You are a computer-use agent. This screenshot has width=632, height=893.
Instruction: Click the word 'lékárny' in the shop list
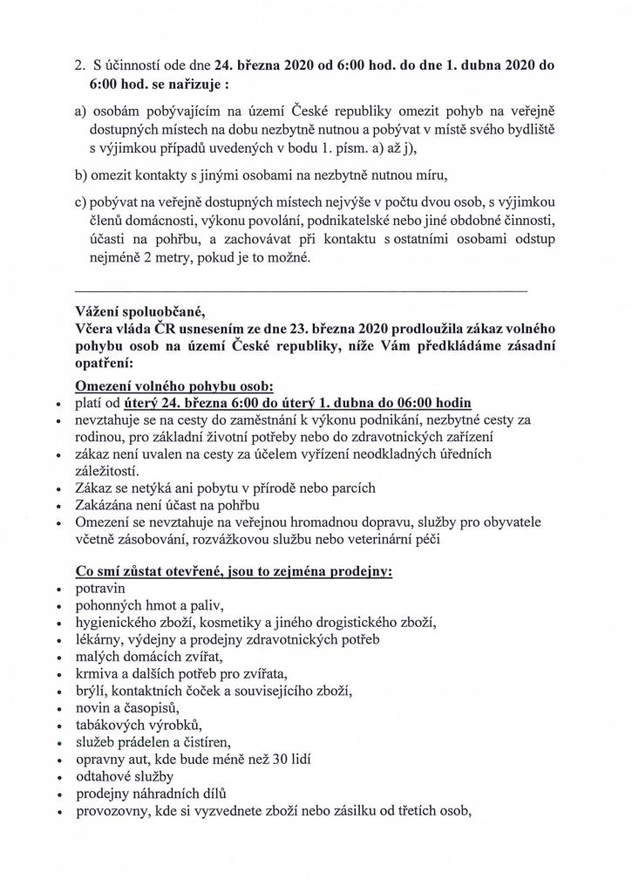[x=99, y=639]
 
